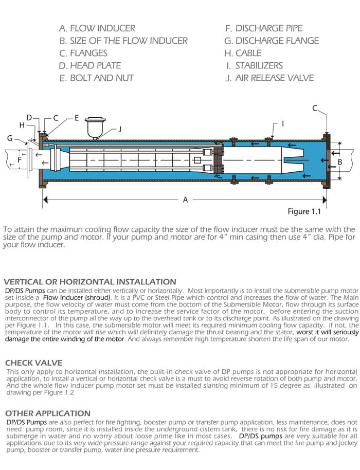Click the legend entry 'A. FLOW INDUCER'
point(97,28)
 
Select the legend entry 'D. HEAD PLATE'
point(90,65)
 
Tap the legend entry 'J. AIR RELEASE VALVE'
point(269,78)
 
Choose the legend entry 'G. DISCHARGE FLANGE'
point(272,41)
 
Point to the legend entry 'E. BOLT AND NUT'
point(96,78)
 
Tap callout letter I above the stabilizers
point(282,123)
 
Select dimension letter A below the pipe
point(186,200)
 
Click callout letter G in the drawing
point(10,138)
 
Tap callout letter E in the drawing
point(76,118)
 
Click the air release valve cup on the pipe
point(94,126)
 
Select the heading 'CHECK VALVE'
point(33,363)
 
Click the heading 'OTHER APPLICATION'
point(47,413)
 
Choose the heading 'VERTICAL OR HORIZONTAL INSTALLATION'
point(89,282)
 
